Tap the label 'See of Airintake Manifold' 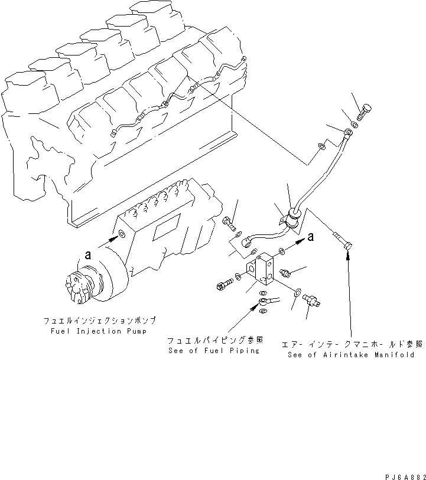click(x=355, y=355)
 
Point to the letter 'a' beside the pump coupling click(x=88, y=256)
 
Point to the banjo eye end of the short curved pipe click(x=248, y=240)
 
